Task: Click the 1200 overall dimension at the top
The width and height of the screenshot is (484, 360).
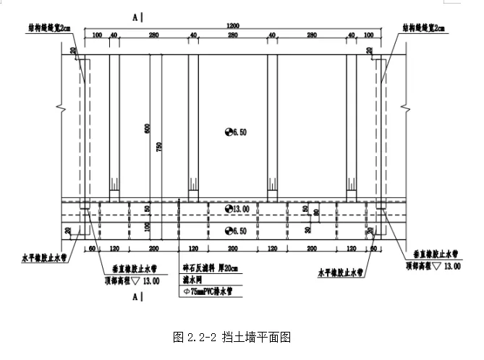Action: pyautogui.click(x=232, y=26)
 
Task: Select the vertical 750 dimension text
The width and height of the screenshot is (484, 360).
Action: pyautogui.click(x=158, y=147)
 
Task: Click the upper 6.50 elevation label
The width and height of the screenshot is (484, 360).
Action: pyautogui.click(x=237, y=132)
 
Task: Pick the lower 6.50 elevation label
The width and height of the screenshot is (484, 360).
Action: pyautogui.click(x=237, y=231)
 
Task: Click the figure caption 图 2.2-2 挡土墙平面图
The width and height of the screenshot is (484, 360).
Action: pyautogui.click(x=232, y=337)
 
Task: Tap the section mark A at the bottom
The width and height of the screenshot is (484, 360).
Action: pyautogui.click(x=136, y=296)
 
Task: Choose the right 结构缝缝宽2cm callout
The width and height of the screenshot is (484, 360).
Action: pyautogui.click(x=425, y=28)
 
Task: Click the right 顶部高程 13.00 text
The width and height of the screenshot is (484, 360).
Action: pyautogui.click(x=433, y=266)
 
